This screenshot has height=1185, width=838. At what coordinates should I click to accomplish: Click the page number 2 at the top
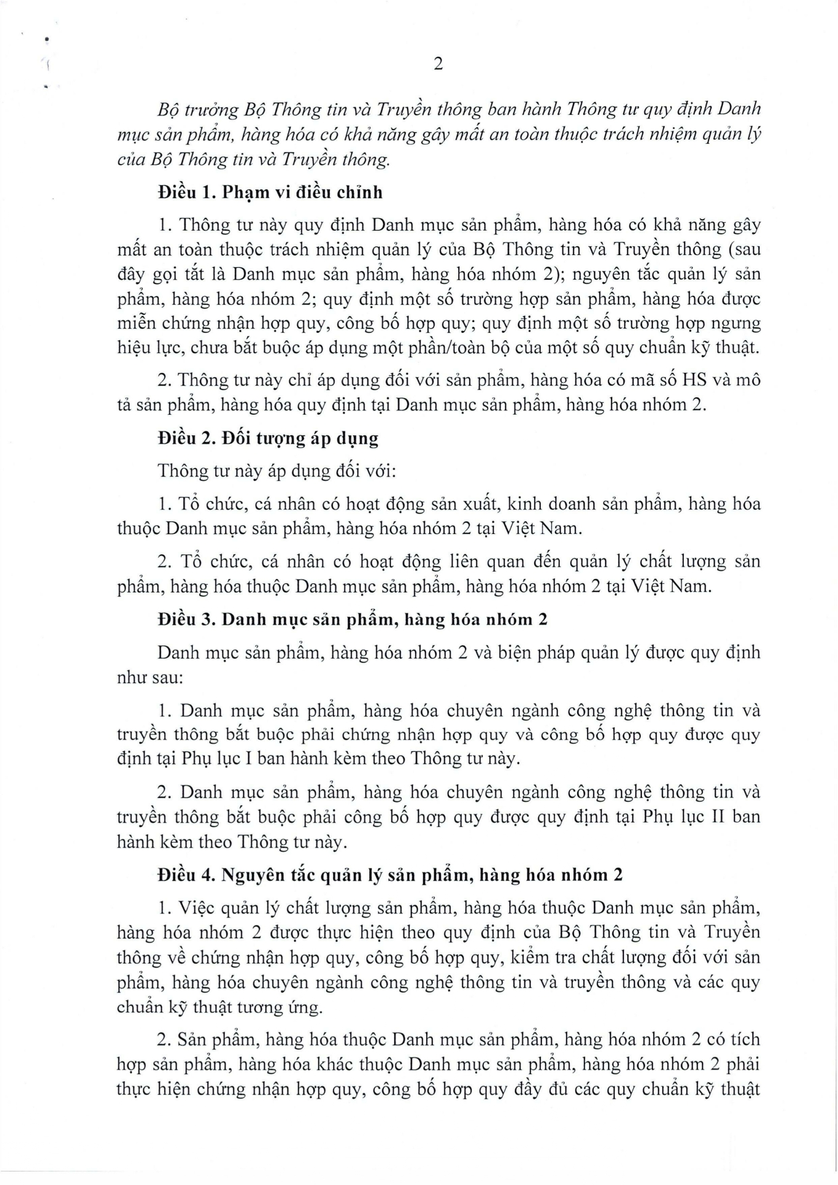(x=438, y=64)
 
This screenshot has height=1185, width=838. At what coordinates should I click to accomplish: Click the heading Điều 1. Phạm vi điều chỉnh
(x=270, y=193)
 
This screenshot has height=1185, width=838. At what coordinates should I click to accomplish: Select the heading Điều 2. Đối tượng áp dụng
(x=268, y=439)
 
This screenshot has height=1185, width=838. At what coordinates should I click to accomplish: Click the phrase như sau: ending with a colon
(x=150, y=678)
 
